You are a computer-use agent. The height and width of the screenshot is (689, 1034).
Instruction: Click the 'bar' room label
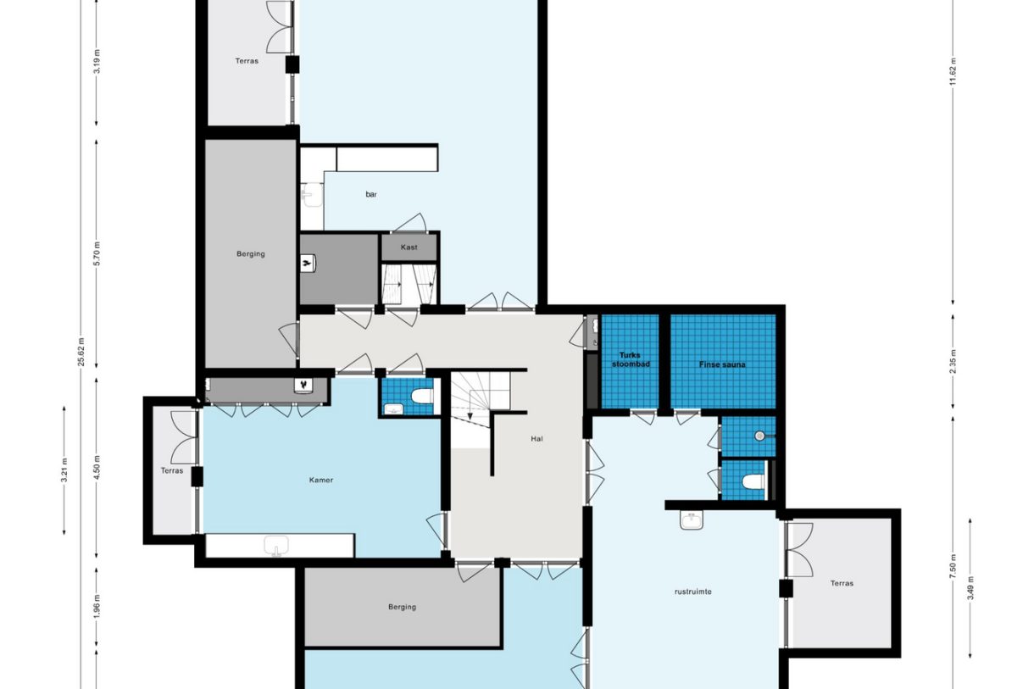click(371, 195)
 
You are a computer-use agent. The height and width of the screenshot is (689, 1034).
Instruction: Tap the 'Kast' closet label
click(409, 247)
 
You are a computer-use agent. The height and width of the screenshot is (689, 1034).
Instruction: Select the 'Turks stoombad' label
click(630, 360)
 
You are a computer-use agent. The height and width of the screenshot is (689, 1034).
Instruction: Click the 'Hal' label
click(536, 439)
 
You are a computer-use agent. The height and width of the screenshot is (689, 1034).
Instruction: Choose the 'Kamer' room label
click(321, 480)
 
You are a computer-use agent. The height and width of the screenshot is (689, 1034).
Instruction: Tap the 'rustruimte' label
click(693, 592)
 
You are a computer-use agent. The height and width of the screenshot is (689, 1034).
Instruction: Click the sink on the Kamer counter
click(277, 546)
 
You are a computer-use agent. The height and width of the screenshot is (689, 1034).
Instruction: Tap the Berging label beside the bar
click(251, 253)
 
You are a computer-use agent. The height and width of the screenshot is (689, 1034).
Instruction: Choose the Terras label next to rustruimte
click(842, 583)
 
